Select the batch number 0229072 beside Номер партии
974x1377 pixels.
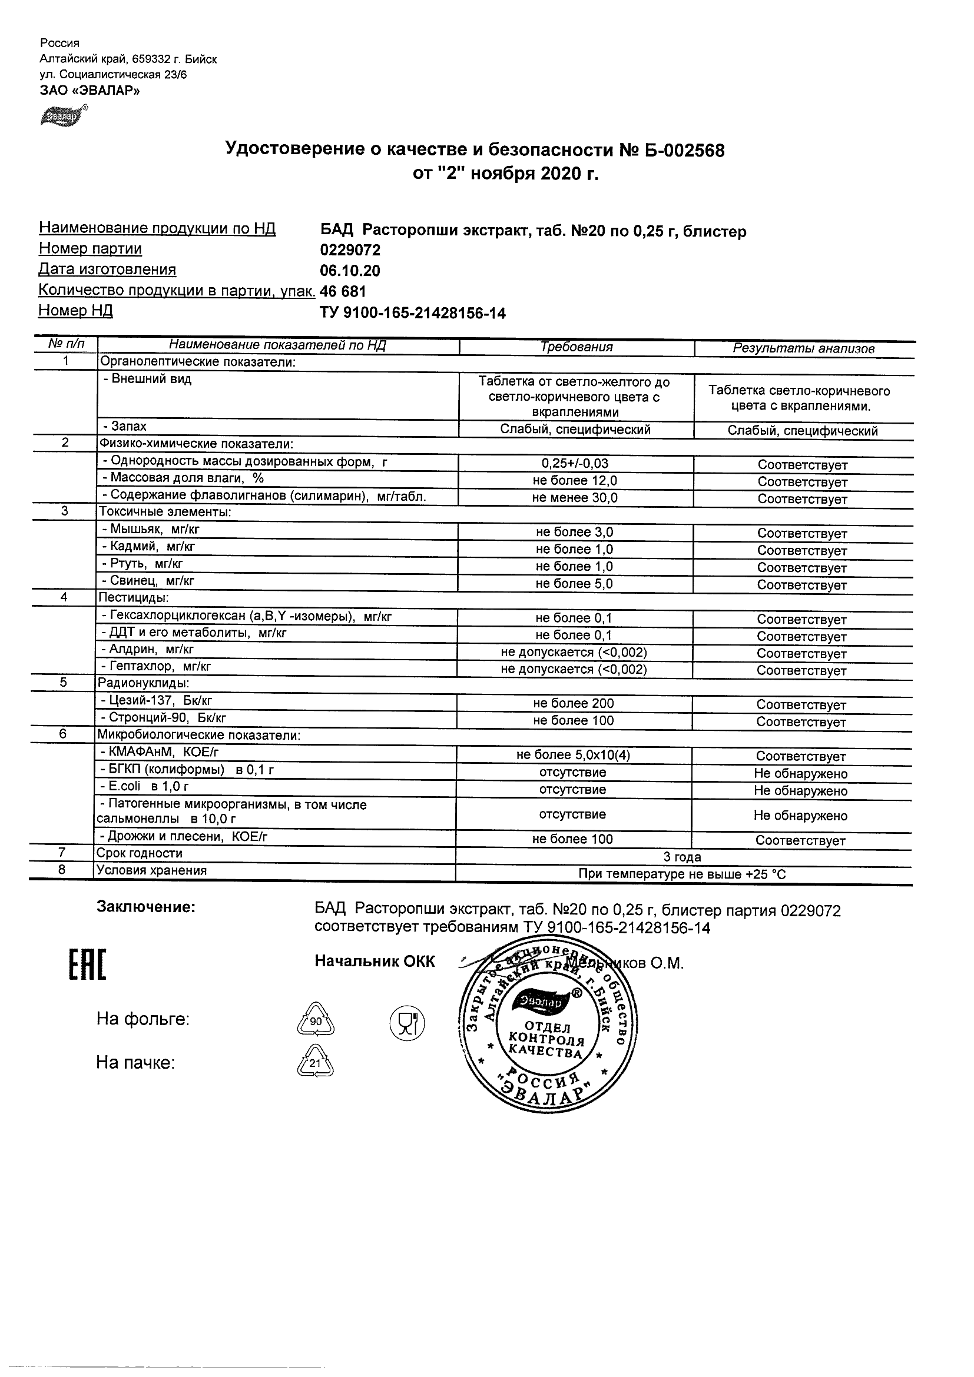(x=350, y=250)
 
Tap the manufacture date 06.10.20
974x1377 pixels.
(x=350, y=271)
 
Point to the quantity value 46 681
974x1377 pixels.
(x=343, y=292)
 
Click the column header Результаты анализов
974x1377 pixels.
(x=804, y=348)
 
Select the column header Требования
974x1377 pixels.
(x=576, y=347)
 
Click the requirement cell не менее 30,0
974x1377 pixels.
(x=575, y=498)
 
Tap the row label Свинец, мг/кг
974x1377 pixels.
(x=148, y=581)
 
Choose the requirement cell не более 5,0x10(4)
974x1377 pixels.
(x=573, y=756)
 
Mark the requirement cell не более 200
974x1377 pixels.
(x=573, y=703)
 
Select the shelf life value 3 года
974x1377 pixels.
(x=683, y=857)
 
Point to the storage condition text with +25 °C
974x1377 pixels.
(x=682, y=874)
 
